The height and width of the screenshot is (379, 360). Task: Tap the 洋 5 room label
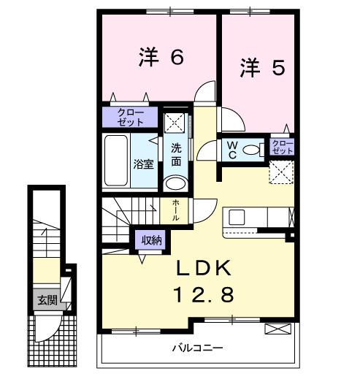coord(262,68)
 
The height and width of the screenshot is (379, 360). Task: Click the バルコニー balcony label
coord(197,348)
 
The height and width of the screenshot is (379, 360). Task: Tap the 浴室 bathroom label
coord(143,164)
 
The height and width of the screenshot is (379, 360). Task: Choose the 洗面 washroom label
coord(177,155)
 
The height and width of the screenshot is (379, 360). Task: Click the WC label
coord(230,149)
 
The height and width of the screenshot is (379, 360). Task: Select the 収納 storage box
coord(151,239)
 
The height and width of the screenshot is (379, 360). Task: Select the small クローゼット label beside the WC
coord(283,146)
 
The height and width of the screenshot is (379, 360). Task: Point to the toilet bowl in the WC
coord(252,150)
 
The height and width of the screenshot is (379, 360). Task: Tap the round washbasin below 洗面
coord(175,183)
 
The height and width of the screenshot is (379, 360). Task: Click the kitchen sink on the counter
coord(237,218)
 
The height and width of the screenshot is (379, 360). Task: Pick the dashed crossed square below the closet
coord(282,172)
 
